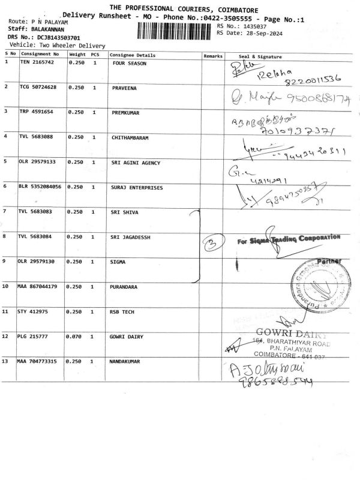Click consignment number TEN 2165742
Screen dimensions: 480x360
(x=37, y=62)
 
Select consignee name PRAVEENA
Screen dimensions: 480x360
(x=125, y=88)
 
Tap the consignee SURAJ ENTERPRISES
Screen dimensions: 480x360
(x=137, y=187)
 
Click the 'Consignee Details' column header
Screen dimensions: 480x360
(x=133, y=55)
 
